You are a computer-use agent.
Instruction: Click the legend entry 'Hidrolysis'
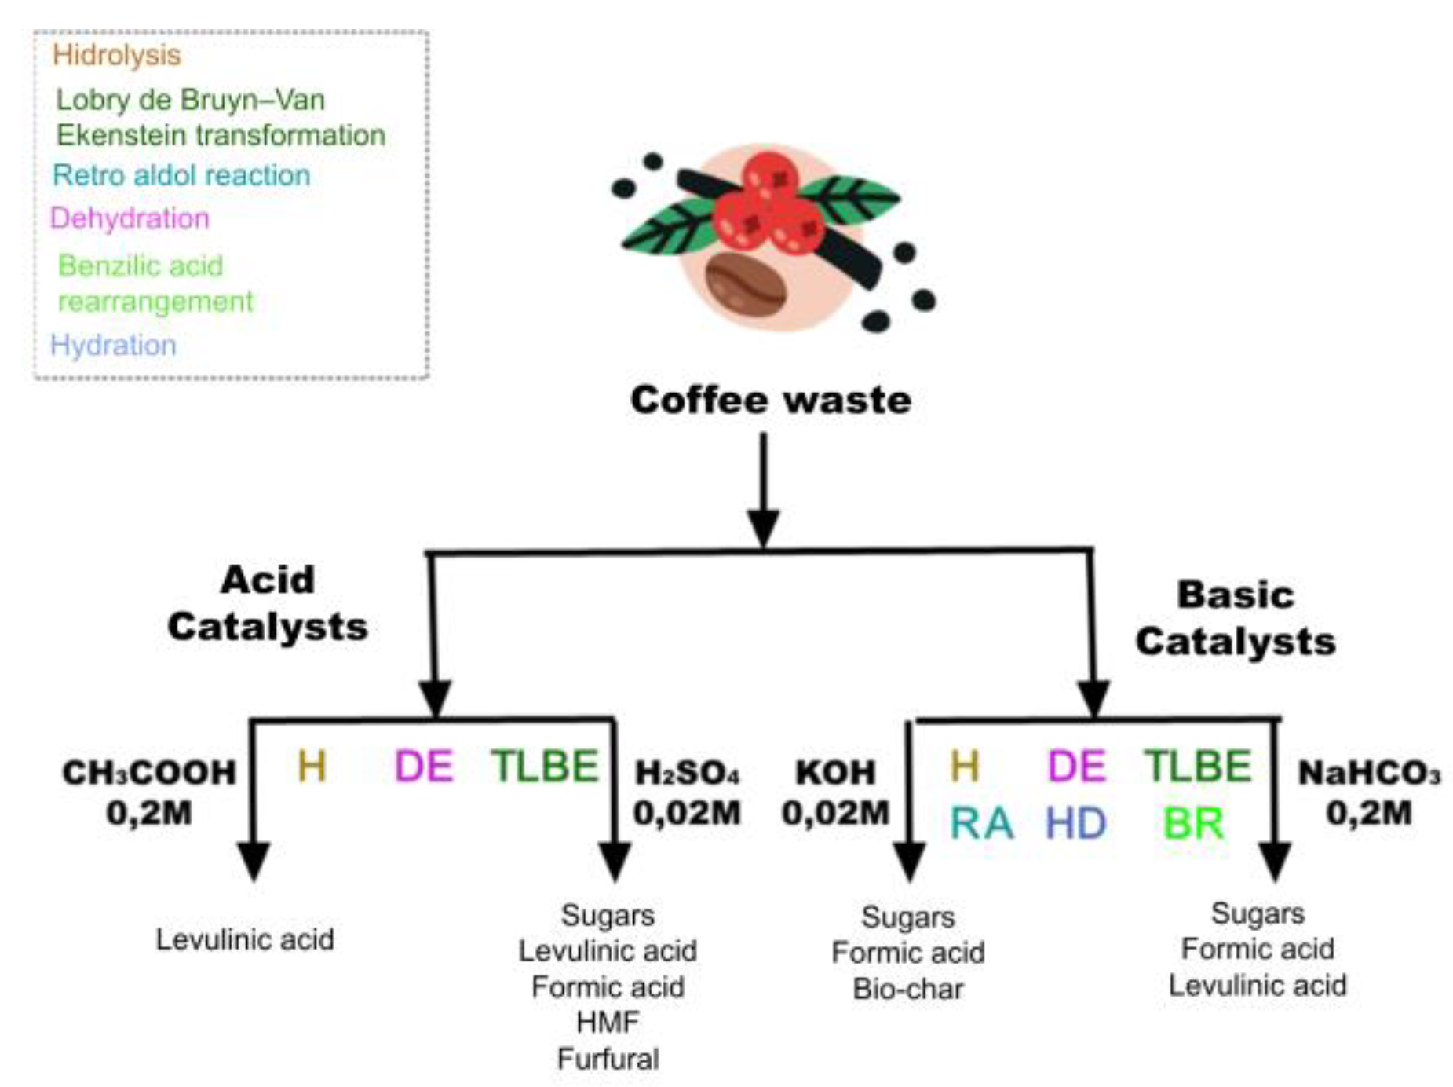pos(116,56)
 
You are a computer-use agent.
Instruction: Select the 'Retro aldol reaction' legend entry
pos(181,174)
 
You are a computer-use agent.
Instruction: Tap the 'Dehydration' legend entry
pos(130,218)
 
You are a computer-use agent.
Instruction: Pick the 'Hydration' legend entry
pos(113,345)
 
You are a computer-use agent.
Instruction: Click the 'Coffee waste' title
pos(771,400)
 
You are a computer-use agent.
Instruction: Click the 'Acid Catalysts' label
pos(268,603)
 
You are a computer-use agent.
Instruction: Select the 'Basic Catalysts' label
pos(1236,618)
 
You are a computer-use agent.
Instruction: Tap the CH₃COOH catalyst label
pos(149,773)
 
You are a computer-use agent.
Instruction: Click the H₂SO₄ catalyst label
pos(687,773)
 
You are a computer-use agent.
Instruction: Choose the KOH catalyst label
pos(835,773)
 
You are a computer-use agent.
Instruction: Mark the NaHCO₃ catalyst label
pos(1370,773)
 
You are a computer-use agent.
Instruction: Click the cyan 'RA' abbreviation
pos(981,824)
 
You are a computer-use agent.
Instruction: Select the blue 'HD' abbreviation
pos(1076,824)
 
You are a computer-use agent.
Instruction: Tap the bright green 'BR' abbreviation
pos(1193,824)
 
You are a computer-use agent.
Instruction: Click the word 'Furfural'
pos(608,1059)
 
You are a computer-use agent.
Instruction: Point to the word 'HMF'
pos(608,1023)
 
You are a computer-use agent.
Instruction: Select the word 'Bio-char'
pos(908,989)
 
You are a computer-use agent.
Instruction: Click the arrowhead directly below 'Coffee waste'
pos(763,528)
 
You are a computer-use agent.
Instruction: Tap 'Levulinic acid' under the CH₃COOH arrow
pos(245,939)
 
